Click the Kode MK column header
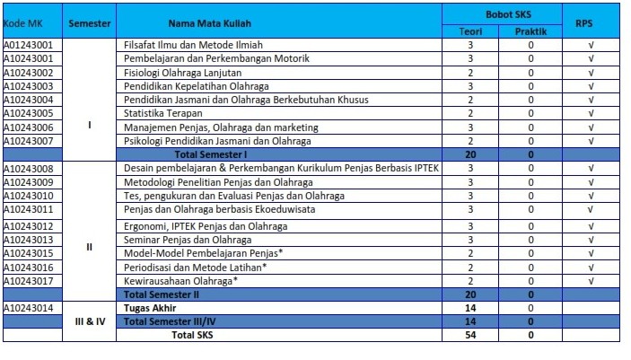[23, 23]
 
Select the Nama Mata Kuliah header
[210, 23]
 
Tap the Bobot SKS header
[508, 14]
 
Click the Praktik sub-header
[530, 31]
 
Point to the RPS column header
[584, 23]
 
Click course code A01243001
[28, 45]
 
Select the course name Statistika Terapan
[163, 113]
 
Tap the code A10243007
[28, 141]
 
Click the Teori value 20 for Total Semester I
[470, 154]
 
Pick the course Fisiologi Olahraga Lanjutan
[183, 73]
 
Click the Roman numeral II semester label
[90, 247]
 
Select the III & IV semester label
[90, 321]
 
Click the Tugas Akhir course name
[150, 308]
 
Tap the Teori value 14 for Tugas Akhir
[470, 308]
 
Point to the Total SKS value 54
[470, 335]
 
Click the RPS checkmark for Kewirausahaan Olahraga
[591, 281]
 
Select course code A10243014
[28, 308]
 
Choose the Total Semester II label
[162, 294]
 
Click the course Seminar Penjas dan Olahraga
[188, 240]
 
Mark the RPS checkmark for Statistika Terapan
[591, 113]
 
